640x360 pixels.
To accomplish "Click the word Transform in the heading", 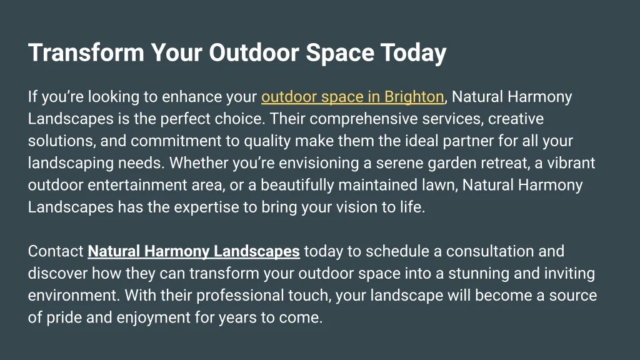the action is tap(86, 52).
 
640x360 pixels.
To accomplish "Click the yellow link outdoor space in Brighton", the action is tap(352, 97).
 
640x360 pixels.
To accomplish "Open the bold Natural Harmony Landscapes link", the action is tap(194, 251).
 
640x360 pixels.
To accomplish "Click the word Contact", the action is tap(56, 251).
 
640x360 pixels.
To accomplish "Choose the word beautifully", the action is tap(297, 185).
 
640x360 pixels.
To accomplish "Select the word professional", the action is tap(240, 296).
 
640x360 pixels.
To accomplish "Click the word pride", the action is tap(64, 317).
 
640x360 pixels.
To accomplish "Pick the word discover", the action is tap(58, 274).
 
